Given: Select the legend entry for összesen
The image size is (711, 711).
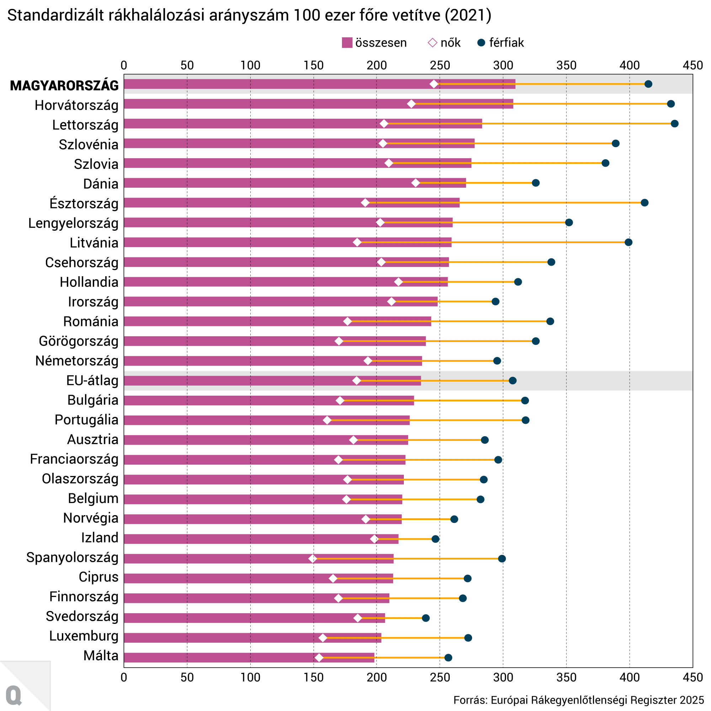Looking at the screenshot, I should point(374,43).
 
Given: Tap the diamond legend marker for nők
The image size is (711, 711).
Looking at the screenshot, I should point(432,43).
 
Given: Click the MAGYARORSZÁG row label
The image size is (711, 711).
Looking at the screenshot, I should point(64,85).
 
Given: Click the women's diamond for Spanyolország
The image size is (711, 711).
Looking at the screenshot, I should point(313,558).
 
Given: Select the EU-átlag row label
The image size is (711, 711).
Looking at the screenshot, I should point(92,380).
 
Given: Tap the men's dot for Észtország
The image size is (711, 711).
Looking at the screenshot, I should point(645,203).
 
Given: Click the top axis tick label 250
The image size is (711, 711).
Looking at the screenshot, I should point(440,65).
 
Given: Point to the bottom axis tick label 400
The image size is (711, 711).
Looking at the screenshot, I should point(629,677).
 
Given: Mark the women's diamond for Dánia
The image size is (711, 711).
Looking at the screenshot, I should point(416,183).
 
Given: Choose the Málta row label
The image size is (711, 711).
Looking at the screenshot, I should point(101,656).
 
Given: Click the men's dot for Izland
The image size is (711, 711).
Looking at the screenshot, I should point(435,539).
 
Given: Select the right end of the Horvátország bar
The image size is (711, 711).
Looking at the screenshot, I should point(512,104).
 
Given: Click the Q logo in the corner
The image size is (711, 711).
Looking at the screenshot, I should point(14,695).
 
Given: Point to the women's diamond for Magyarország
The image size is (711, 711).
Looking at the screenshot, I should point(434,84).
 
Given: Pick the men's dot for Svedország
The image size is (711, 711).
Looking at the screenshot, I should point(426,618).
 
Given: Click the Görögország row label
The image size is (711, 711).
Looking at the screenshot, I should point(79,341).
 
